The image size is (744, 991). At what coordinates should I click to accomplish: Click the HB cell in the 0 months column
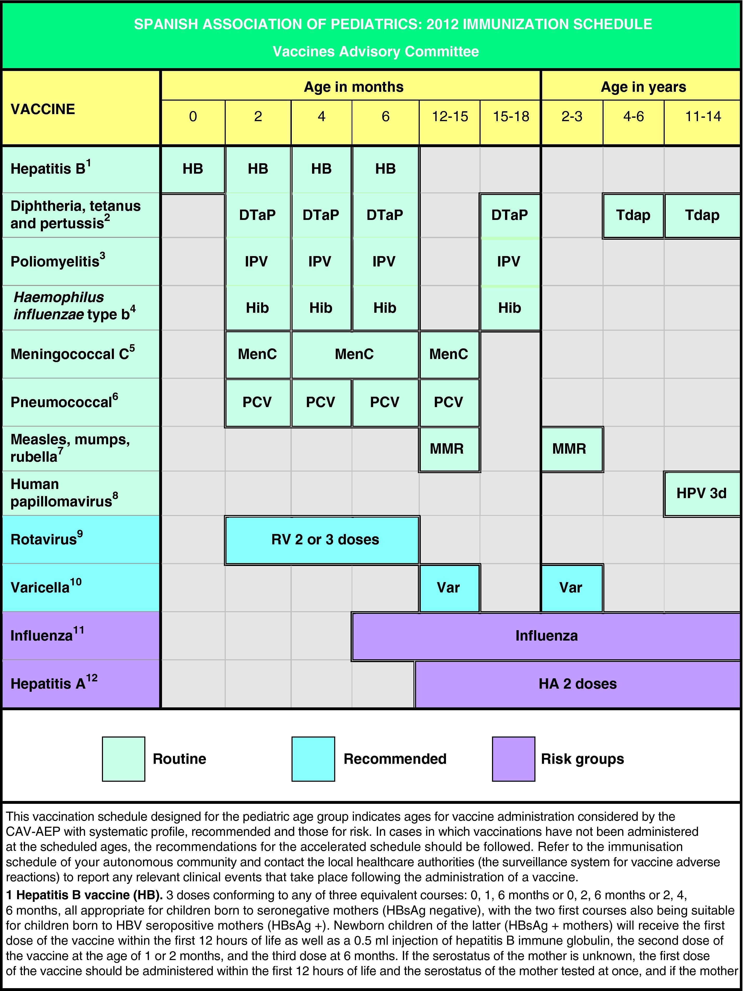click(x=193, y=169)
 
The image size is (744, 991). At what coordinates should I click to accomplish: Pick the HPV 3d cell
click(x=701, y=493)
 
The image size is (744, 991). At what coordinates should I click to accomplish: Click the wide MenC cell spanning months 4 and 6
click(x=354, y=354)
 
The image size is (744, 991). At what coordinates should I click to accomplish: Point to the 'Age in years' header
click(x=643, y=87)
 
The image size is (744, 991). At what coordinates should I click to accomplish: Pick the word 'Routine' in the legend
click(x=179, y=759)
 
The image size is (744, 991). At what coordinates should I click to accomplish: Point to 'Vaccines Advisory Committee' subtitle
click(x=376, y=51)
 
